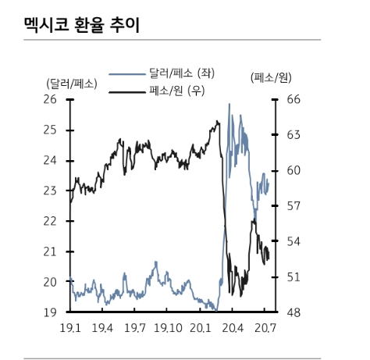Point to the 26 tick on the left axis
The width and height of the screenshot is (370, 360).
(50, 99)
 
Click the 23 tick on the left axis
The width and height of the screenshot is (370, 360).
(50, 191)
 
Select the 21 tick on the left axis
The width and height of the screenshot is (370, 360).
(50, 251)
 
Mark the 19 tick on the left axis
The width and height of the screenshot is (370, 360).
(50, 312)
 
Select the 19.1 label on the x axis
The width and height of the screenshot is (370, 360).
(69, 329)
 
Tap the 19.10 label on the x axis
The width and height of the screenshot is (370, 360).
(169, 329)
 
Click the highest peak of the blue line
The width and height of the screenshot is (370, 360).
(229, 104)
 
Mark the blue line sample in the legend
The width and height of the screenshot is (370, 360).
(126, 74)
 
